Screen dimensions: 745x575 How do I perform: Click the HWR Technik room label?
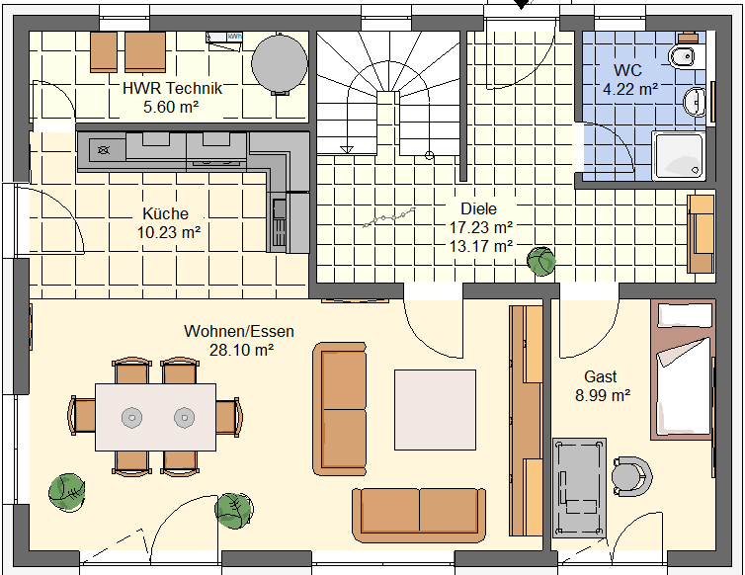pyautogui.click(x=172, y=88)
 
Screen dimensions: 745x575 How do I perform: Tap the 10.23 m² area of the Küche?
pyautogui.click(x=169, y=233)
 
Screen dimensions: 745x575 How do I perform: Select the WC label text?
pyautogui.click(x=627, y=70)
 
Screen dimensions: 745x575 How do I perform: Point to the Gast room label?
pyautogui.click(x=601, y=376)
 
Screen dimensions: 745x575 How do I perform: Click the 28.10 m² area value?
pyautogui.click(x=241, y=350)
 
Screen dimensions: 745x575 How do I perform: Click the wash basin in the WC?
pyautogui.click(x=695, y=102)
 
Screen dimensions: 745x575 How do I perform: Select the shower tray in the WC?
pyautogui.click(x=679, y=156)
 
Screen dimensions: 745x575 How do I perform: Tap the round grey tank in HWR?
pyautogui.click(x=280, y=63)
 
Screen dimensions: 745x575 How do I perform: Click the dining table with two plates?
pyautogui.click(x=156, y=417)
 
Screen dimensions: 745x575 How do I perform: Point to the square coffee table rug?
pyautogui.click(x=435, y=410)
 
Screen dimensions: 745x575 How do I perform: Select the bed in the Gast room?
pyautogui.click(x=683, y=370)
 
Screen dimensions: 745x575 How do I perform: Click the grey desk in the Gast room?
pyautogui.click(x=579, y=488)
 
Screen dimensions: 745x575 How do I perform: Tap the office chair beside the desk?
pyautogui.click(x=631, y=476)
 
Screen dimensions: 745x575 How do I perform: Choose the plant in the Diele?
pyautogui.click(x=541, y=262)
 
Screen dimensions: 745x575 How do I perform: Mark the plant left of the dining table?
pyautogui.click(x=67, y=492)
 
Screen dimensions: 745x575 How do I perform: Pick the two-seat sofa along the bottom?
pyautogui.click(x=419, y=515)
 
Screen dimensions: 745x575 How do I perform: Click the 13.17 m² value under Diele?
pyautogui.click(x=481, y=247)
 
